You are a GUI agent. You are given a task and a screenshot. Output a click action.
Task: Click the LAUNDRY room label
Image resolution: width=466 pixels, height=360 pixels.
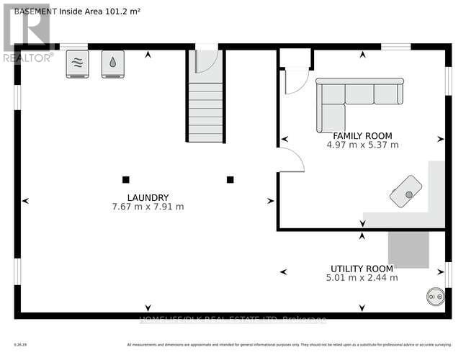(148, 197)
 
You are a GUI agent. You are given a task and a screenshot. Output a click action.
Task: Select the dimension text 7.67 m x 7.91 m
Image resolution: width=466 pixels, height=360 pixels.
(148, 207)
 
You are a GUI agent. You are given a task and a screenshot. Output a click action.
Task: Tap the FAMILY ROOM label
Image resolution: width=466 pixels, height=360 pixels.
(362, 135)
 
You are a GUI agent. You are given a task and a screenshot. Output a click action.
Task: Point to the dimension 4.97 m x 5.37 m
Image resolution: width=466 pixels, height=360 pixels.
(362, 145)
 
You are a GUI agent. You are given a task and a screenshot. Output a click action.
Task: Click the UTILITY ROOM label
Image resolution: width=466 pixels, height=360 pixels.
(362, 268)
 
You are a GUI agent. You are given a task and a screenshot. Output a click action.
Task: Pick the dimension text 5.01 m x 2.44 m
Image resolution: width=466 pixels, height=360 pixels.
(362, 277)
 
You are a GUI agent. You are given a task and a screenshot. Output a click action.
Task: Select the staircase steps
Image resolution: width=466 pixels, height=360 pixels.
(206, 112)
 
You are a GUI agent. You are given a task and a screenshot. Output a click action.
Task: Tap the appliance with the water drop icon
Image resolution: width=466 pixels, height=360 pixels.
(112, 63)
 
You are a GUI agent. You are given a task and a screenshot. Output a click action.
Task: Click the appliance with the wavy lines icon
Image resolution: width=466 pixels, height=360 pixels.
(78, 63)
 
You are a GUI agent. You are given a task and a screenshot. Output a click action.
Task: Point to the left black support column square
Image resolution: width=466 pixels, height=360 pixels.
(125, 179)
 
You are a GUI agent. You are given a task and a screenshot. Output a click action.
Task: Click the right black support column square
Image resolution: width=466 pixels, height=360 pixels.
(230, 179)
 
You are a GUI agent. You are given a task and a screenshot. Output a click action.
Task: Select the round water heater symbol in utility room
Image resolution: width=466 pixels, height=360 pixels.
(434, 295)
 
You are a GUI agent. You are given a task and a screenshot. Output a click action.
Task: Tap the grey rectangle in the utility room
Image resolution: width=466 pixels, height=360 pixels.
(408, 249)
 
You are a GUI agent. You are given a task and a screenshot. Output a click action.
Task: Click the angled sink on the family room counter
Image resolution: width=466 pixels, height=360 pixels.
(406, 192)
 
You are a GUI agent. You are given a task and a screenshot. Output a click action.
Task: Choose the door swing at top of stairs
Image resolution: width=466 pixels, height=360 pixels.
(207, 61)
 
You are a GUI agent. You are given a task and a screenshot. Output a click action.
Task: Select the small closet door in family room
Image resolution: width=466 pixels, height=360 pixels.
(296, 81)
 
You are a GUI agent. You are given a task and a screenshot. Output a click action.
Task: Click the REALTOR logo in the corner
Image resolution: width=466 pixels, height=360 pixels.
(27, 32)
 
